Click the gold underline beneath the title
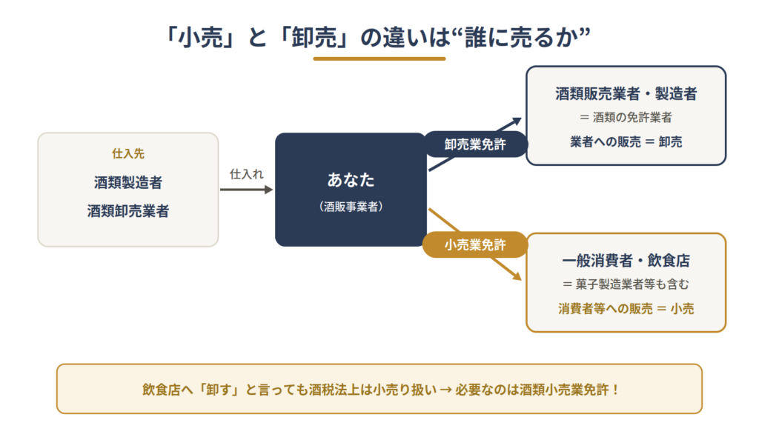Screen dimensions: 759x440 (379, 59)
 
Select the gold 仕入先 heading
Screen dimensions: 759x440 (128, 154)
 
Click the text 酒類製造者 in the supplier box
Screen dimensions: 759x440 (128, 183)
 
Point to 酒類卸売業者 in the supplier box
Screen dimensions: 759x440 (128, 211)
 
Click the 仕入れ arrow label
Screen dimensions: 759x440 (246, 174)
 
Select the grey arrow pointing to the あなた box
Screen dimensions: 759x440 (246, 190)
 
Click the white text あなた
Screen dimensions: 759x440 (351, 180)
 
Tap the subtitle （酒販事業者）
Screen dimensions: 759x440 (351, 207)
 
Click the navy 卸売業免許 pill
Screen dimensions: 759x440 (475, 144)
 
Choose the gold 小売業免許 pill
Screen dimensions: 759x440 (475, 244)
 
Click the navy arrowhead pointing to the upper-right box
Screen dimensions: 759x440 (517, 121)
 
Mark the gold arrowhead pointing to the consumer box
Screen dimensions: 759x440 (517, 276)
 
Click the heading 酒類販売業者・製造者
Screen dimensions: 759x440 (626, 94)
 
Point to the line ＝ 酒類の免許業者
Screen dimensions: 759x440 (626, 118)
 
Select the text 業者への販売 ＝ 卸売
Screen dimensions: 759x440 (626, 141)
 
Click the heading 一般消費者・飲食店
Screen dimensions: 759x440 (626, 261)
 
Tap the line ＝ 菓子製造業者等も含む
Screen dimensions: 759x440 (626, 284)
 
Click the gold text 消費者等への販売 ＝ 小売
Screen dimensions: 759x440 (626, 308)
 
